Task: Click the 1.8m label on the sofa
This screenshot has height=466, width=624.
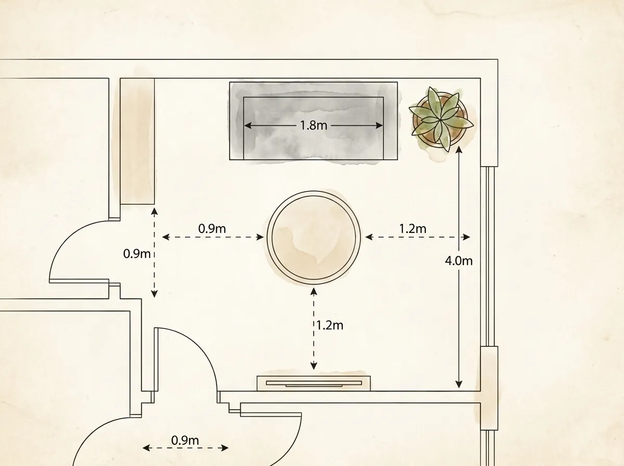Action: tap(314, 125)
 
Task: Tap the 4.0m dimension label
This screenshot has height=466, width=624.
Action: tap(459, 261)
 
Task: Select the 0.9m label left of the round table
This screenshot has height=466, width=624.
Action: tap(212, 229)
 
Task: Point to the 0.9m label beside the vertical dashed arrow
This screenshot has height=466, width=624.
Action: tap(137, 254)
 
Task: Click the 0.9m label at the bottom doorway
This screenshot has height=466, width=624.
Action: tap(185, 441)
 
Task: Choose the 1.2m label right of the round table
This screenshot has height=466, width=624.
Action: tap(413, 229)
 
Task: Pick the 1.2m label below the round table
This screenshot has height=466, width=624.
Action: tap(330, 325)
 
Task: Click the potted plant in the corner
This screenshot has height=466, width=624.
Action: tap(440, 120)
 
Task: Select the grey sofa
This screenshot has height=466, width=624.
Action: tap(314, 121)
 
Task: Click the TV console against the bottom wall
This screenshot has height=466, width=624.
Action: tap(314, 383)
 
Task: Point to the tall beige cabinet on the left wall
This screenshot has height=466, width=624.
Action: tap(137, 141)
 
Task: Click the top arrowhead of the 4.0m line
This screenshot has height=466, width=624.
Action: tap(459, 150)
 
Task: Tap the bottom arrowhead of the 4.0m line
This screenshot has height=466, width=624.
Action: tap(459, 385)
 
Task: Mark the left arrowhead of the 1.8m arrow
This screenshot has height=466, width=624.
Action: tap(248, 125)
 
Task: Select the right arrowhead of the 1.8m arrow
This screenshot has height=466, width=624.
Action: tap(379, 125)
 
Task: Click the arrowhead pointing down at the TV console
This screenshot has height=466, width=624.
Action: tap(314, 366)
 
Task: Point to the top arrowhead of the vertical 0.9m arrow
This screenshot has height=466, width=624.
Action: tap(154, 211)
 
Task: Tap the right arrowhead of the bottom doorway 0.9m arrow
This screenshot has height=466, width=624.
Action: tap(225, 448)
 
